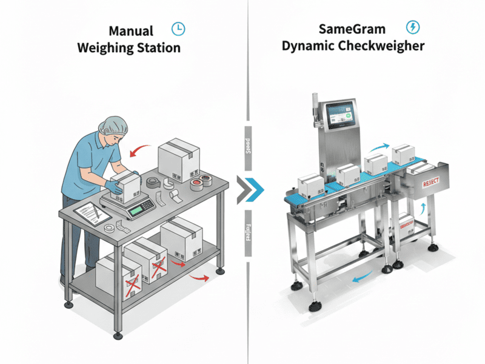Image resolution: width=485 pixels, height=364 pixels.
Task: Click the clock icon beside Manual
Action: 178,29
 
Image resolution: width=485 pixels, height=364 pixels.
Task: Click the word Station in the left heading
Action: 156,47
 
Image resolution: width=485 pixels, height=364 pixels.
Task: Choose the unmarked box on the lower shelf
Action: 181,237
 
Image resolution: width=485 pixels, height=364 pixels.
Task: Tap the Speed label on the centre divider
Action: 247,150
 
